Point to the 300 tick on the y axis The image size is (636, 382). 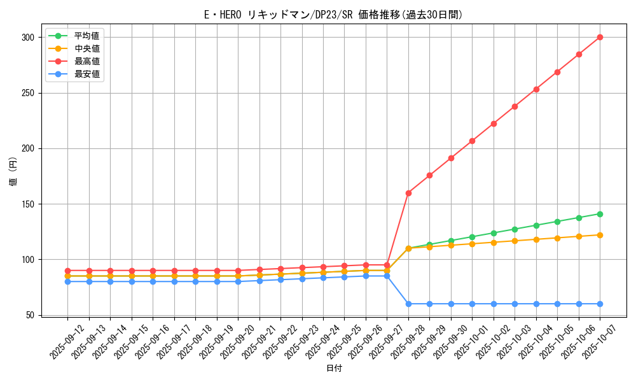coord(29,38)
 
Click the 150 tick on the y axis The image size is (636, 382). coord(29,204)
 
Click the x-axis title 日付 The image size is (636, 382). coord(333,369)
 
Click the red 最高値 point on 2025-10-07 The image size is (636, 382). coord(600,37)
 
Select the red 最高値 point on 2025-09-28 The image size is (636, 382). coord(408,193)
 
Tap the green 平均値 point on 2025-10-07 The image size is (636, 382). coord(600,214)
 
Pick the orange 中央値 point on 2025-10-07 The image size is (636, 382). coord(600,235)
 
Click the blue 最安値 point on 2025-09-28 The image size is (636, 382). coord(408,304)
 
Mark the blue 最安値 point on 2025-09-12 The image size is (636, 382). coord(67,281)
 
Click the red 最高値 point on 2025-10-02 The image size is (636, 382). coord(494,124)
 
